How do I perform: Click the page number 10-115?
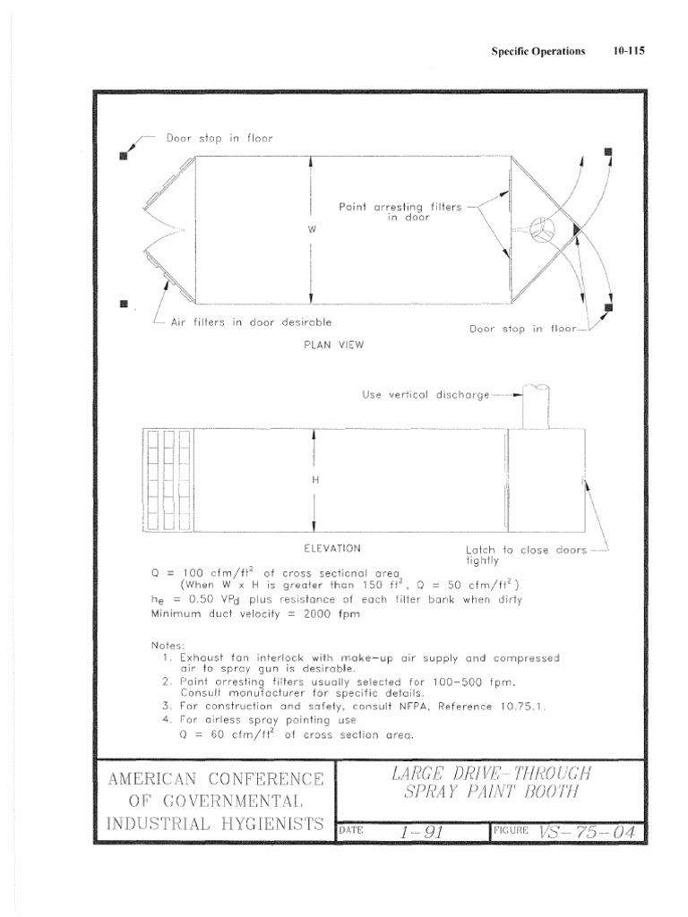[630, 51]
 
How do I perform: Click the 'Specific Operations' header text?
[537, 51]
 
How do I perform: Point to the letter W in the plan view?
[312, 229]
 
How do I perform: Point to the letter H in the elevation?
[314, 480]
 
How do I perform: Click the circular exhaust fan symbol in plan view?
[542, 229]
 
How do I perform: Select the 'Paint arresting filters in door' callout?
[400, 211]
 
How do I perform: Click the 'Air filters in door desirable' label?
[251, 322]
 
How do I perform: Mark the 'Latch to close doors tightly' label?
[524, 555]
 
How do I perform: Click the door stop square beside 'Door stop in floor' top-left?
[124, 157]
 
